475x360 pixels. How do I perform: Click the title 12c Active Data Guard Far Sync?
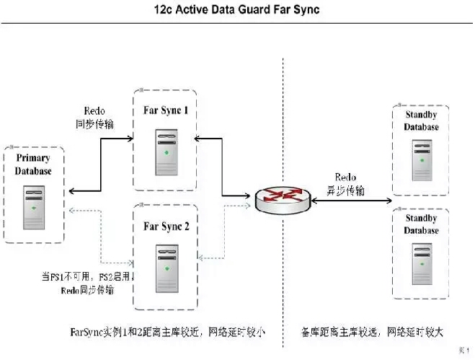(236, 10)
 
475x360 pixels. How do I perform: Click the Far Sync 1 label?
(166, 111)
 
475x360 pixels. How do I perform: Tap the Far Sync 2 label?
(166, 227)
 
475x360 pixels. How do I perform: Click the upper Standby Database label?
(421, 120)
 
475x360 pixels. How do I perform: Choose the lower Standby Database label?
(421, 224)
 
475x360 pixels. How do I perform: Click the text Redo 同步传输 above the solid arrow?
(94, 118)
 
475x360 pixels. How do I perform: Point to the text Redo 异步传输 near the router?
(345, 184)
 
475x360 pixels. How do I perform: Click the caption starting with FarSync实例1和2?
(167, 333)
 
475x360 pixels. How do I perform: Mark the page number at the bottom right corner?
(463, 350)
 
